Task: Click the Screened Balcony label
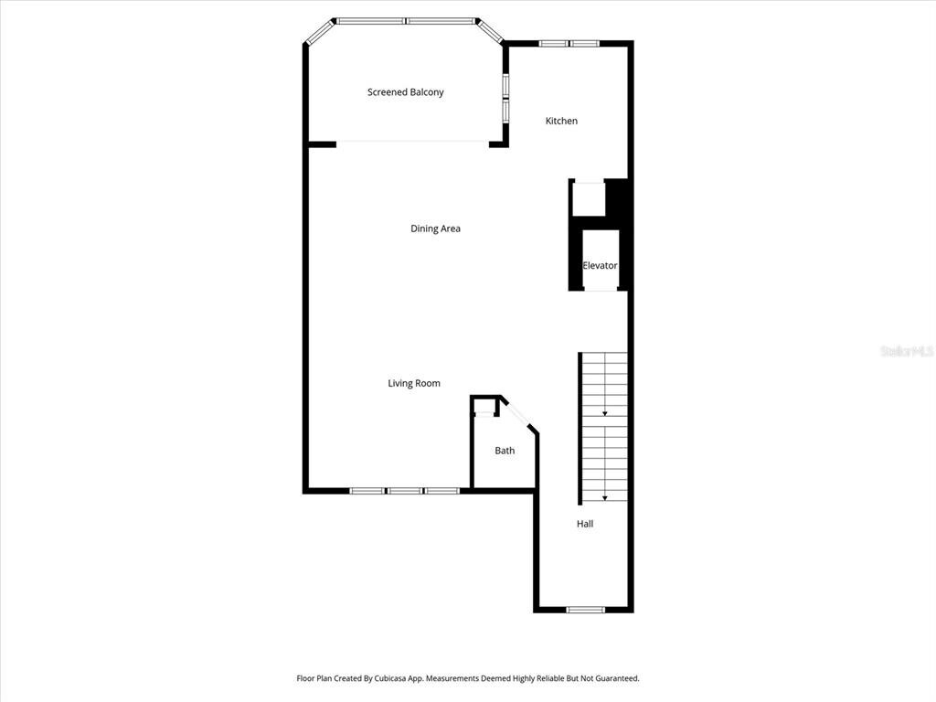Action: (x=405, y=92)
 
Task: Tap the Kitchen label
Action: (x=561, y=121)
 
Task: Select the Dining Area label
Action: (x=435, y=228)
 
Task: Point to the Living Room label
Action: (x=414, y=383)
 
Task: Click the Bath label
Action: (x=505, y=451)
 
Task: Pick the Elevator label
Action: (x=600, y=266)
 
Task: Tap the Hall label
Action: (x=585, y=524)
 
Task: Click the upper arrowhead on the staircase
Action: (x=605, y=413)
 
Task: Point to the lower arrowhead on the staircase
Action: (x=605, y=498)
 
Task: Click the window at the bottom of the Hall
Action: (x=586, y=610)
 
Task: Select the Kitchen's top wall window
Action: (x=569, y=43)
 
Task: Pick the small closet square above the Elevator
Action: (x=589, y=199)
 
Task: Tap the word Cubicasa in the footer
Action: (x=389, y=678)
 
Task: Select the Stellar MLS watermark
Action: (x=907, y=351)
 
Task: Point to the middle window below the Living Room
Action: (x=405, y=491)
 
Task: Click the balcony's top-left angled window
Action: (x=320, y=32)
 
